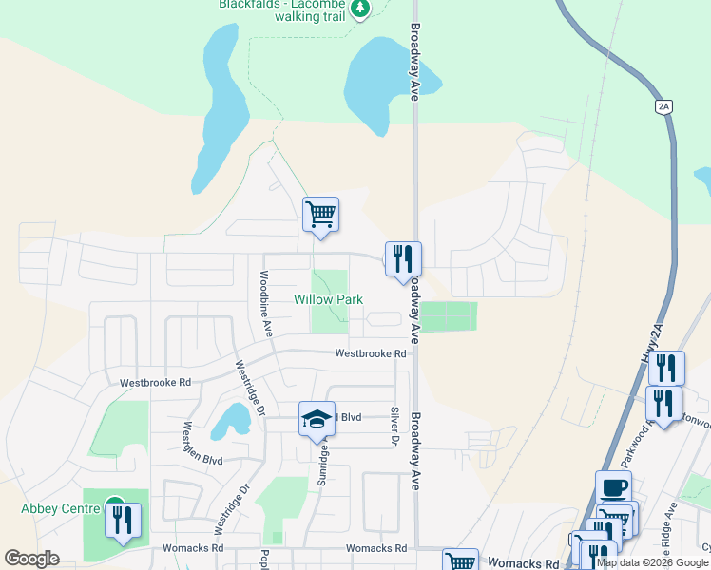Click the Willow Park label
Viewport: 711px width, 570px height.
pyautogui.click(x=328, y=299)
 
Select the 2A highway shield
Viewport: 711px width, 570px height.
pyautogui.click(x=663, y=107)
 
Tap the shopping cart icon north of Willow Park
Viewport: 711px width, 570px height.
pyautogui.click(x=321, y=215)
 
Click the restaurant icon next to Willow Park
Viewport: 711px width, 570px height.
pyautogui.click(x=403, y=258)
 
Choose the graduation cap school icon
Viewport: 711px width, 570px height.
pyautogui.click(x=317, y=418)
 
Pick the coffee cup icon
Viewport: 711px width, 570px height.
pyautogui.click(x=613, y=487)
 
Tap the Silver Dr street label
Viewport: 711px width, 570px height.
pyautogui.click(x=394, y=425)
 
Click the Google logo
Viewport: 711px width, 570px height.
pyautogui.click(x=32, y=559)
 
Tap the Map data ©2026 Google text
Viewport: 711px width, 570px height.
pyautogui.click(x=653, y=562)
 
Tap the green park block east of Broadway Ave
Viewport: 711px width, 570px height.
pyautogui.click(x=448, y=316)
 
